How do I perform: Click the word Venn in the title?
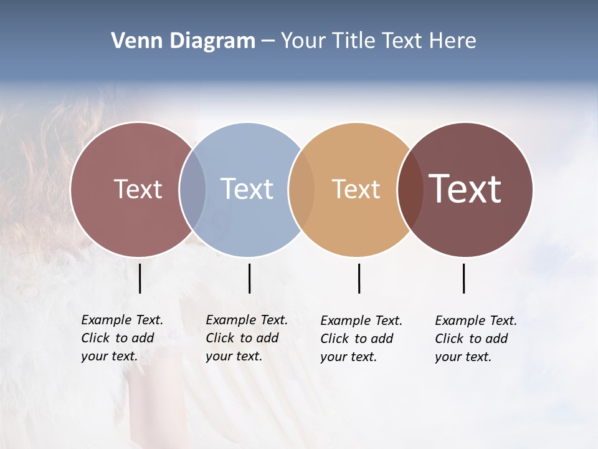coord(133,41)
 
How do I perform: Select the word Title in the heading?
coord(353,41)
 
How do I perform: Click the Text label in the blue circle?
coord(247,189)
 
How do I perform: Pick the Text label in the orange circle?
coord(356,189)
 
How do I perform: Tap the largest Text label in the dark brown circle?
coord(465,189)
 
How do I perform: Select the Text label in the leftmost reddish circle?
coord(138,189)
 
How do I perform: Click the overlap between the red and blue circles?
coord(192,190)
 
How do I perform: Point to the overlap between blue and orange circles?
coord(301,190)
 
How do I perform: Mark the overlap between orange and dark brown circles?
coord(410,190)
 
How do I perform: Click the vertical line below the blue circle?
coord(249,278)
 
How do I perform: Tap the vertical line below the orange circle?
coord(359,278)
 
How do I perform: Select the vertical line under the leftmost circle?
coord(140,278)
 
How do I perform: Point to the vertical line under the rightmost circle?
coord(463,278)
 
